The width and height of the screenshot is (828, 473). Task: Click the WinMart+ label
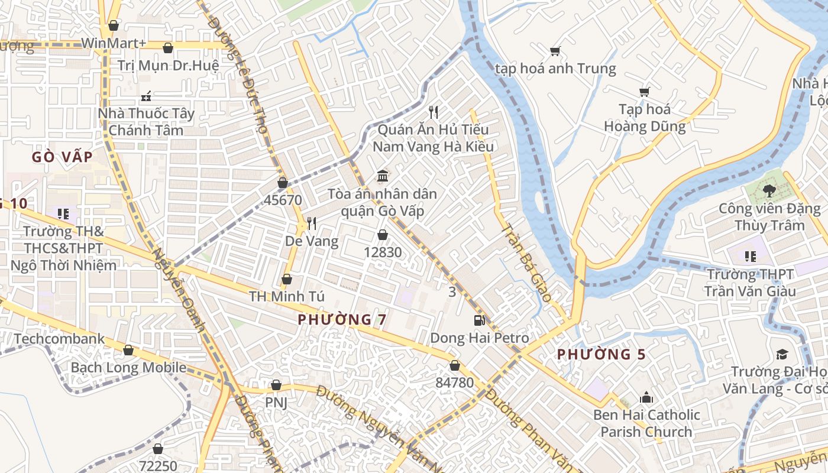pos(114,43)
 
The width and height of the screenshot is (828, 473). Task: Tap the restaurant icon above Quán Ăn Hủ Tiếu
pos(434,112)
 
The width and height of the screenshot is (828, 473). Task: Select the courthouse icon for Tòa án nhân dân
pos(383,176)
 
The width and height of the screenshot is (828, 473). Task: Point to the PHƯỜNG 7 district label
pos(342,320)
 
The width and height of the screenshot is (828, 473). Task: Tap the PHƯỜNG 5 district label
pos(601,355)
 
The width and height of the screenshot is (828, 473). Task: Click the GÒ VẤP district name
pos(62,157)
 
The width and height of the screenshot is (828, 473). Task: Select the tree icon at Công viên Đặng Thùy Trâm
pos(769,190)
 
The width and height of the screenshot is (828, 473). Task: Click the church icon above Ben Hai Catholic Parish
pos(646,397)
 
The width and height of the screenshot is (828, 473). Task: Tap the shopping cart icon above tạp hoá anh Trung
pos(555,51)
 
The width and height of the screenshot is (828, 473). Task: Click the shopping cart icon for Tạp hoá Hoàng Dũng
pos(644,92)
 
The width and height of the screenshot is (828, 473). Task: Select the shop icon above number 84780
pos(454,365)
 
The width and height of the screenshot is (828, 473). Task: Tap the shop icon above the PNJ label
pos(276,385)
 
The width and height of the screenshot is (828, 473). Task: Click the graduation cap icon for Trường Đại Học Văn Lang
pos(782,354)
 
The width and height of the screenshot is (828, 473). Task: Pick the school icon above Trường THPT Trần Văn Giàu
pos(750,257)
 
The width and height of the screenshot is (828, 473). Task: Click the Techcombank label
pos(59,339)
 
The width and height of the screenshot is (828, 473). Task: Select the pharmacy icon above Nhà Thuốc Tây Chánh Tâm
pos(146,96)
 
